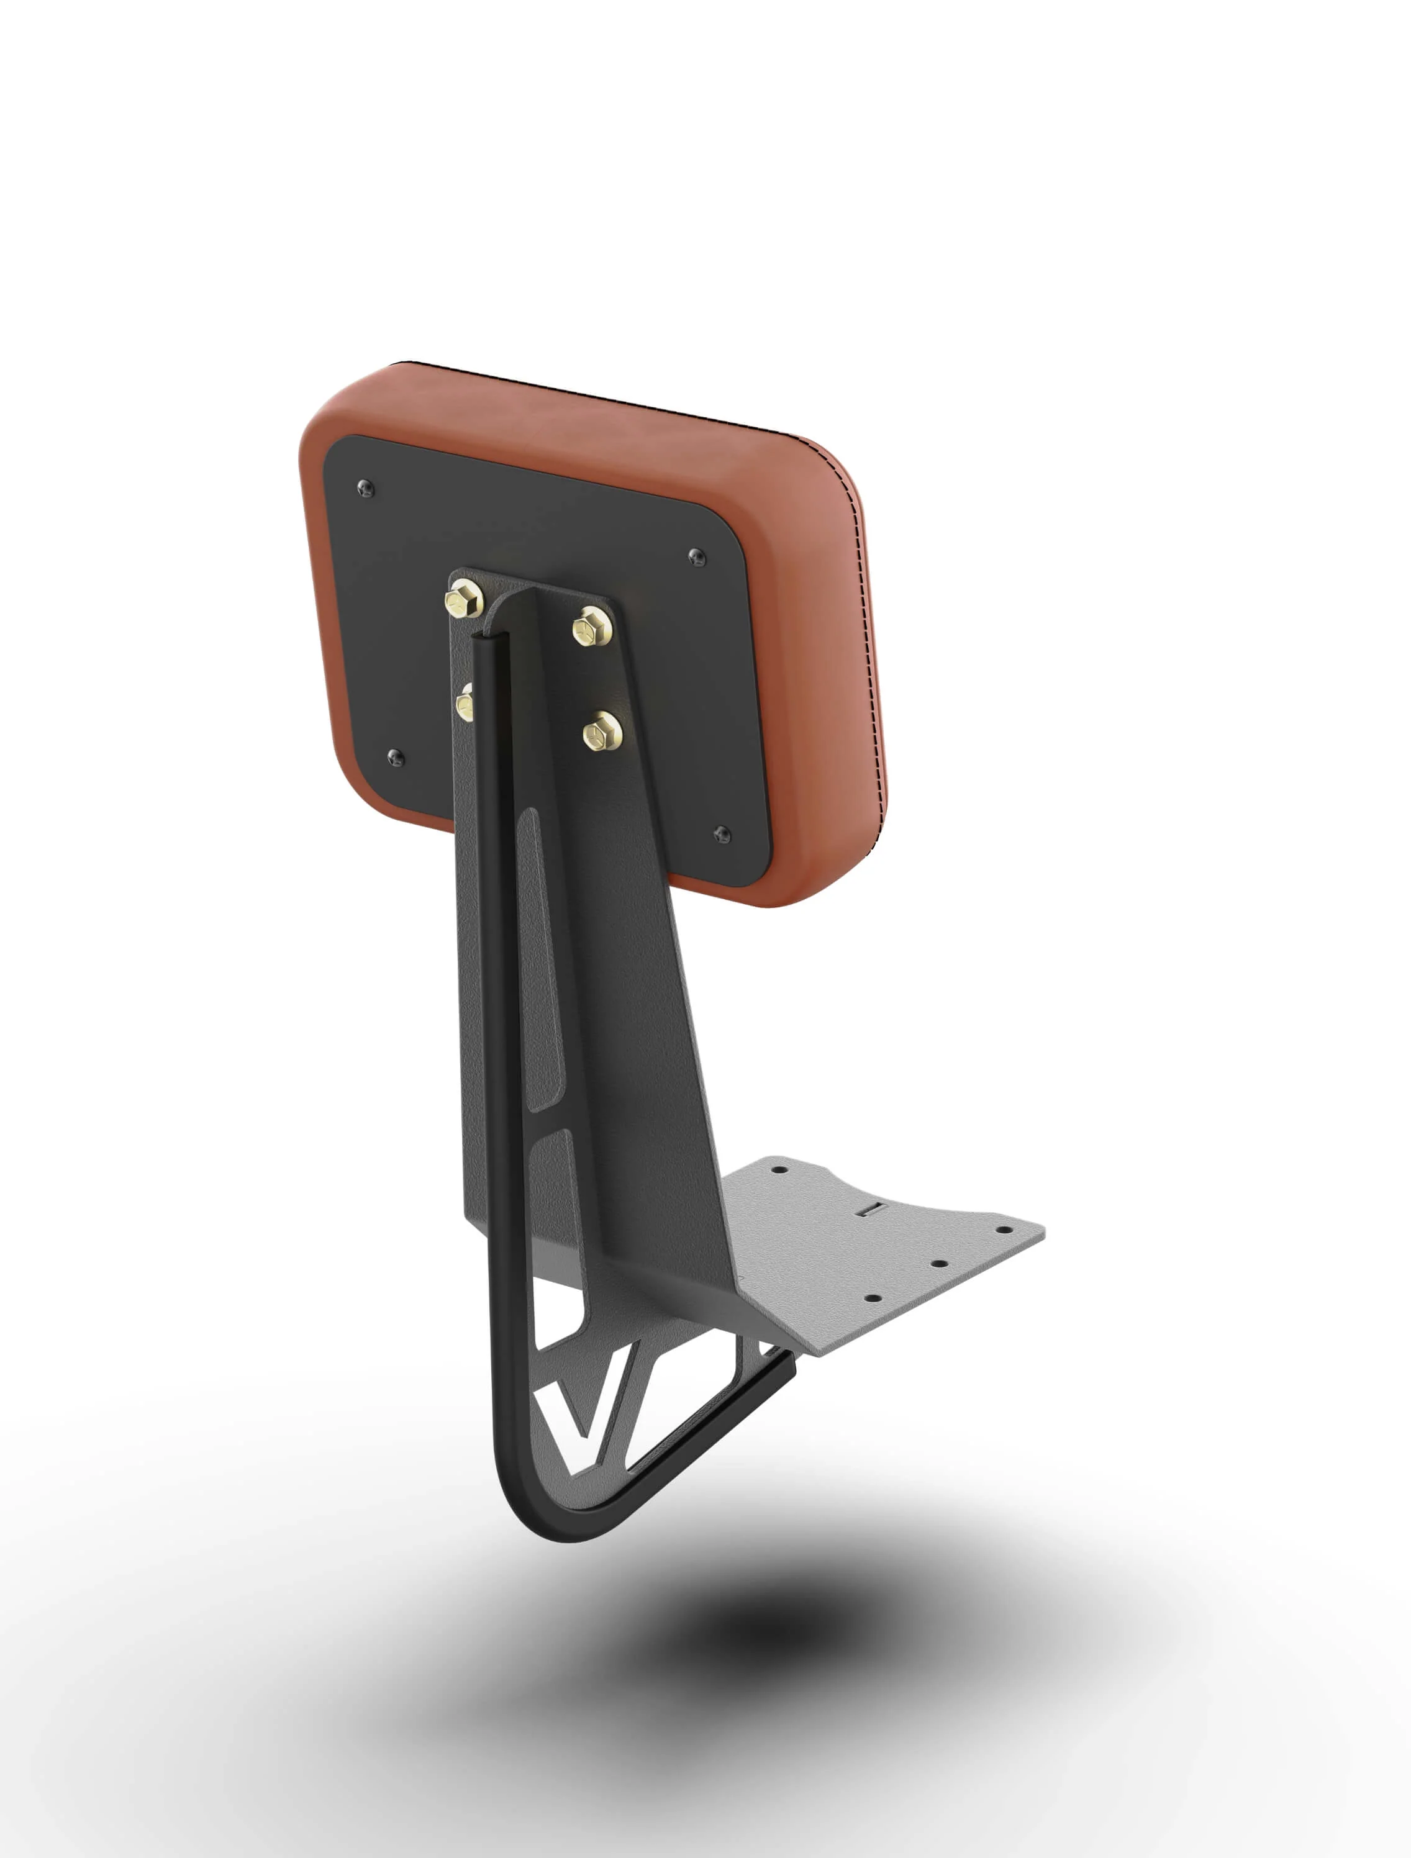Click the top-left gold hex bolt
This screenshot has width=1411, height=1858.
point(463,599)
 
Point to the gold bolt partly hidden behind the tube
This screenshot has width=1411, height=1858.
point(465,701)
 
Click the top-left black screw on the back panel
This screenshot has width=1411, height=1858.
point(365,487)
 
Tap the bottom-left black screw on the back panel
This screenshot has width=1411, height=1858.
point(396,758)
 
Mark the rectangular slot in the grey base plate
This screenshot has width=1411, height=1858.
point(874,1210)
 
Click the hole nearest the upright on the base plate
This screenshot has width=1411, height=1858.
point(778,1168)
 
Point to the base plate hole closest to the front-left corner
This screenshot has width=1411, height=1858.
point(873,1298)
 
